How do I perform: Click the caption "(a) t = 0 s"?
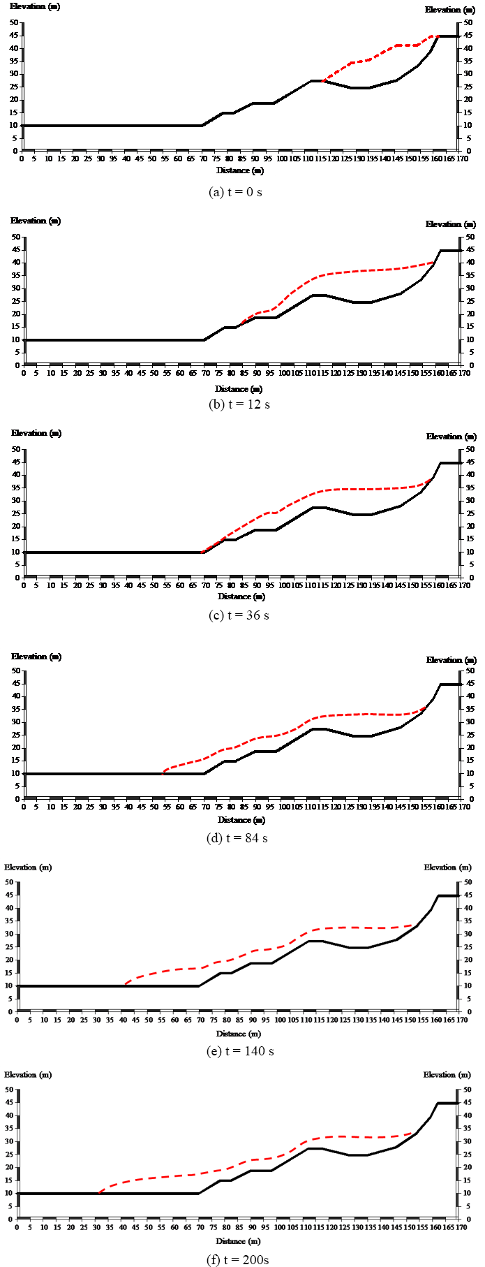235,191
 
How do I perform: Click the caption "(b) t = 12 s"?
239,404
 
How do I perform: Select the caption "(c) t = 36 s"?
239,615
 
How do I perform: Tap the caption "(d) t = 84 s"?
237,838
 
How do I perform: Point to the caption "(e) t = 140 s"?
237,1051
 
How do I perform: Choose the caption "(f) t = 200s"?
237,1260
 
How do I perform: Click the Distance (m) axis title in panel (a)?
240,170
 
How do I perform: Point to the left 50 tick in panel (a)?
14,22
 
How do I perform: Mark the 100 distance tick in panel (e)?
280,1020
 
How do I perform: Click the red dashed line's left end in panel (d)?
163,773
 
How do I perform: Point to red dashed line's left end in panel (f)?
98,1192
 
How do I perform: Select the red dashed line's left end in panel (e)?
125,985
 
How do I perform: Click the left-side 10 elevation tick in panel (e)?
10,986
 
